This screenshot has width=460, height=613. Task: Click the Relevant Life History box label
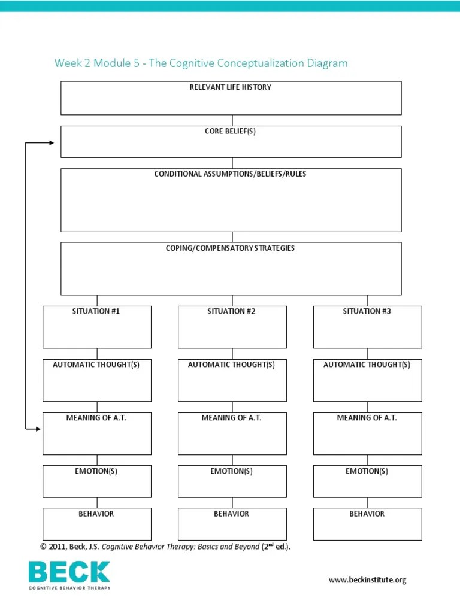231,87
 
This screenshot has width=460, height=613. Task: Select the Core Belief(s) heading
231,132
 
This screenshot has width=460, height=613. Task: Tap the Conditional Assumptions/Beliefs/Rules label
231,174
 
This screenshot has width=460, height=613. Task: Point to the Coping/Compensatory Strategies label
231,248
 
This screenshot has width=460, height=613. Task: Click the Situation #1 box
97,327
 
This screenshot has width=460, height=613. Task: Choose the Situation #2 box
232,327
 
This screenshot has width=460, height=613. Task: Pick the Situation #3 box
367,327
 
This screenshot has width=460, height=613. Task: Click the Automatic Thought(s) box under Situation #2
232,380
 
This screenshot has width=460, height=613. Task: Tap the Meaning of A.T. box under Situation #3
367,433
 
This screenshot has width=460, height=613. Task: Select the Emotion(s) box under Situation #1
97,481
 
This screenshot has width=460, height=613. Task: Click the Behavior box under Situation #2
232,523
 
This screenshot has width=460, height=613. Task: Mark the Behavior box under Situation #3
367,523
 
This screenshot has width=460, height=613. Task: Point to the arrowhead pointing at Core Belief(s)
51,143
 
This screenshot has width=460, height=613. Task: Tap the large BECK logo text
69,572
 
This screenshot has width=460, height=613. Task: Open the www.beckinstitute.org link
368,579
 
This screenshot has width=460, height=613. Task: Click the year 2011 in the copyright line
57,547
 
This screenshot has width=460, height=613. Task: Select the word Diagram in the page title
328,63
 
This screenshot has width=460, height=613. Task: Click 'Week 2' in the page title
70,63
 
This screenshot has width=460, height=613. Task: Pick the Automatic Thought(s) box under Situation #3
367,380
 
